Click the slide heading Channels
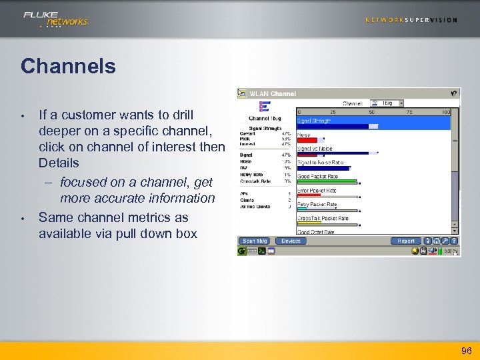pyautogui.click(x=68, y=66)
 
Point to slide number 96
pyautogui.click(x=466, y=351)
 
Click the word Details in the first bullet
pyautogui.click(x=59, y=163)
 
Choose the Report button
pyautogui.click(x=406, y=241)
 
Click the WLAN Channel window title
pyautogui.click(x=273, y=93)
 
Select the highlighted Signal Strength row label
pyautogui.click(x=314, y=121)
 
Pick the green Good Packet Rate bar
pyautogui.click(x=327, y=182)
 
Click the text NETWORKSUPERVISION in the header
pyautogui.click(x=411, y=20)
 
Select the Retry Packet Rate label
pyautogui.click(x=317, y=205)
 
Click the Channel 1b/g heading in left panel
pyautogui.click(x=264, y=119)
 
